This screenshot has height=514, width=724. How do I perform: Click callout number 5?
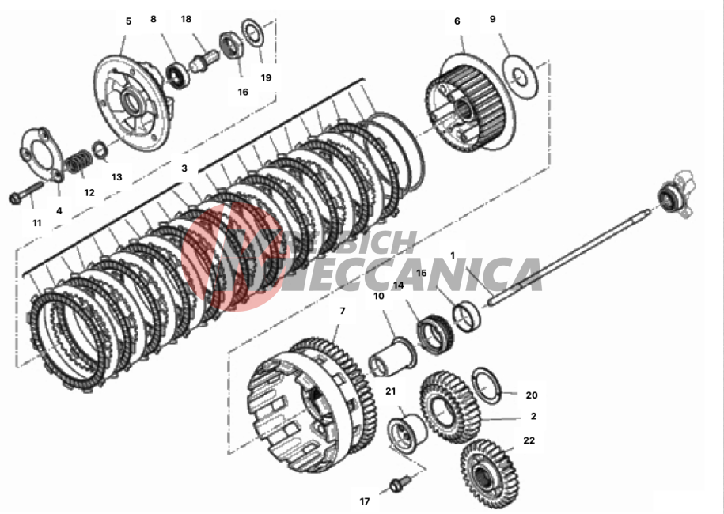click(x=128, y=21)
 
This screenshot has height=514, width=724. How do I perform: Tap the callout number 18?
click(x=186, y=18)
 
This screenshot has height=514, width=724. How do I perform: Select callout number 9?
click(x=492, y=18)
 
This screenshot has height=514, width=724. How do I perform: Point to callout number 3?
click(x=184, y=168)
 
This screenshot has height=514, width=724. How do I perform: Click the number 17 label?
click(x=365, y=501)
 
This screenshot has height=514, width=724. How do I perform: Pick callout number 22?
click(x=529, y=440)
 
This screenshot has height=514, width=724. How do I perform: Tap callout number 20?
click(x=532, y=395)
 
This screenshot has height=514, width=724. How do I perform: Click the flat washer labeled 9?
click(x=520, y=77)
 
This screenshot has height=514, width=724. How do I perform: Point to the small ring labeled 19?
click(x=253, y=34)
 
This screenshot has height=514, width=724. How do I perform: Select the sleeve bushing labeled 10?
click(x=393, y=353)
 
